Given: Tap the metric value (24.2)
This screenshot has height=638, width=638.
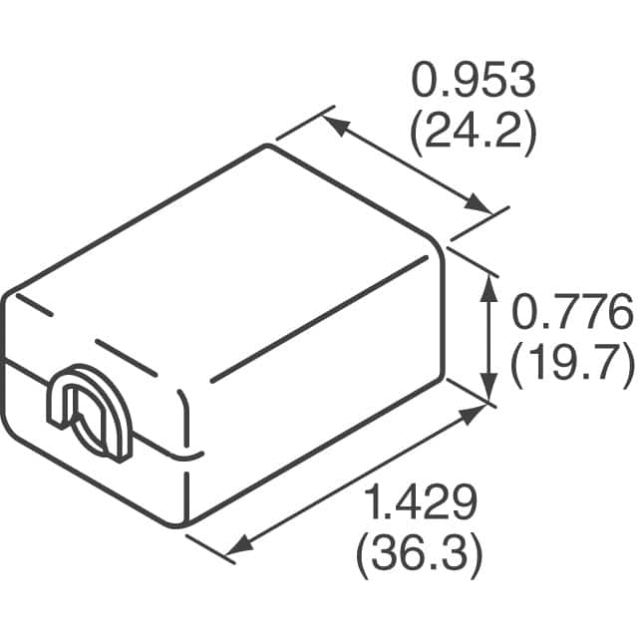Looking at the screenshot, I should pos(473,133).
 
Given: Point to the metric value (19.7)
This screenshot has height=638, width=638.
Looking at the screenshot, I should pos(571,364).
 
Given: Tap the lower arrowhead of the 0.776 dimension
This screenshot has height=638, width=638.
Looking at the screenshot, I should pos(488,390).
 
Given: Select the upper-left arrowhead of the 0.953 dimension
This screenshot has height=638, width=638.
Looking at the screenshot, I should pos(333,123).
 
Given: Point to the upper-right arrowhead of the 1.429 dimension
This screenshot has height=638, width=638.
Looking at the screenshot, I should pos(473,413).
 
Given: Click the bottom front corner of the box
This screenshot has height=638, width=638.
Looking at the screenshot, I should pos(186,523).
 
